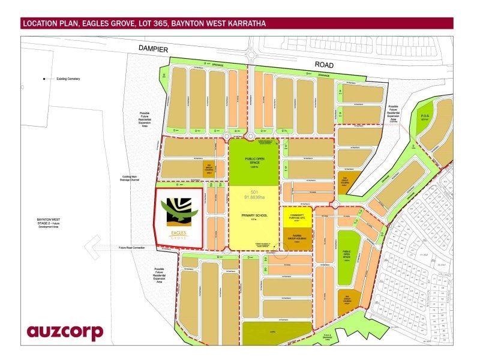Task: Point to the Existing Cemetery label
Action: click(x=68, y=79)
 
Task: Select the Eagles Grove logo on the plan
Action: click(x=178, y=217)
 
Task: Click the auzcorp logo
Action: click(x=65, y=331)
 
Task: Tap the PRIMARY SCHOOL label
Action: click(x=254, y=215)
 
